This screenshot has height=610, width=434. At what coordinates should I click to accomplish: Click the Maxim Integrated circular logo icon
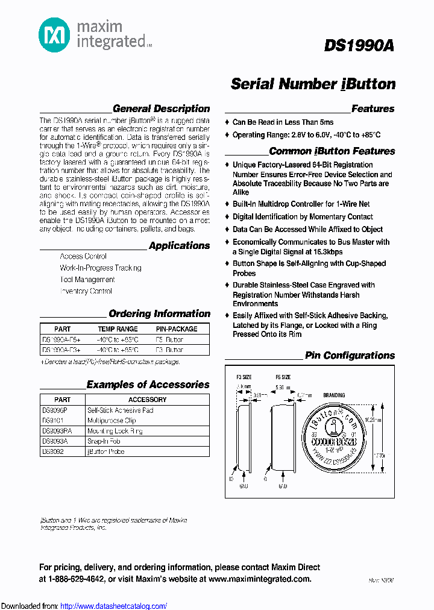(54, 35)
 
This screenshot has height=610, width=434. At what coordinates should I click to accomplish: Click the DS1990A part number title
(359, 46)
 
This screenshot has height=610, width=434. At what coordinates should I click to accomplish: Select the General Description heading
(161, 109)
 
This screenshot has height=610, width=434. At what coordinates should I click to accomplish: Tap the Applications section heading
(179, 246)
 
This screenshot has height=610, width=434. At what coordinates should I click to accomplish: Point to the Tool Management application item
(87, 280)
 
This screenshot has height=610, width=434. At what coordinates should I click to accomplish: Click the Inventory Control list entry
(86, 291)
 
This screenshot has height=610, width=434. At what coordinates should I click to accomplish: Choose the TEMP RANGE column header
(118, 329)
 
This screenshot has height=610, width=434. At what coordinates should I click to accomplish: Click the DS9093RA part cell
(57, 431)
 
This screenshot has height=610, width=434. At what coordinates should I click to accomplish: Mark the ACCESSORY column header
(147, 400)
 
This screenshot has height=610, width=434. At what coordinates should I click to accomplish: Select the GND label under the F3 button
(244, 486)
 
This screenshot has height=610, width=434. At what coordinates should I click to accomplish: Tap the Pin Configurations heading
(350, 356)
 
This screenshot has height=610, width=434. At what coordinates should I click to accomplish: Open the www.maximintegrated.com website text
(260, 579)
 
